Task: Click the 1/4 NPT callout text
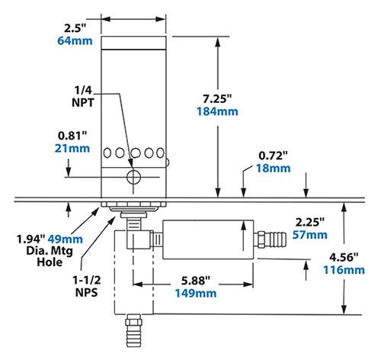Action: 85,95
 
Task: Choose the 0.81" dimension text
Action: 67,136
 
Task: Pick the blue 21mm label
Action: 67,149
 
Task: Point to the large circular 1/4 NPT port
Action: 134,178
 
